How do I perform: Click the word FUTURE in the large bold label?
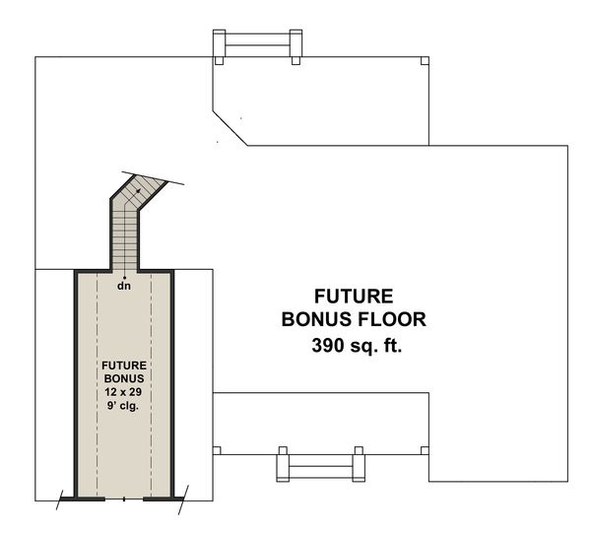[353, 296]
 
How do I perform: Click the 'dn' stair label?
[124, 286]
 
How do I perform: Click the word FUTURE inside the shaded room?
[124, 365]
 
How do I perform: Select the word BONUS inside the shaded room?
[124, 377]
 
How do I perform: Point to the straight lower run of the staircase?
[124, 241]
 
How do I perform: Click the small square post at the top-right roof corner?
[425, 61]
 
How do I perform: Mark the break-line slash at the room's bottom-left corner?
[63, 500]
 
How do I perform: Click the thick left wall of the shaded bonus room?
[77, 384]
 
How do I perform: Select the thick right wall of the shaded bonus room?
[172, 384]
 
